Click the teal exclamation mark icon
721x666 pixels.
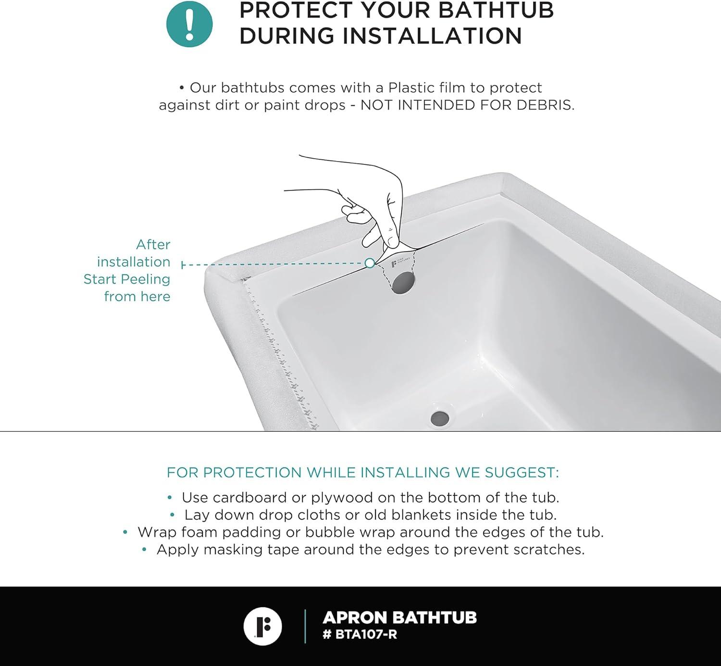(x=189, y=24)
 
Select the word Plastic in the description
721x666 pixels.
(x=411, y=88)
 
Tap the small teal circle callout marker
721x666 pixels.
(x=370, y=263)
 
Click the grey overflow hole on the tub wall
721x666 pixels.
(x=403, y=282)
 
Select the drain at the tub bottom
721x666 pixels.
(x=440, y=417)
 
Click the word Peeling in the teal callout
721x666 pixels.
(x=145, y=279)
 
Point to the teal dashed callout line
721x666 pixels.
(x=274, y=264)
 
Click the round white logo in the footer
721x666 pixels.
(x=262, y=627)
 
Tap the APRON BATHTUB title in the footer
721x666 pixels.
(x=399, y=617)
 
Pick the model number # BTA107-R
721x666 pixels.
(x=360, y=634)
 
